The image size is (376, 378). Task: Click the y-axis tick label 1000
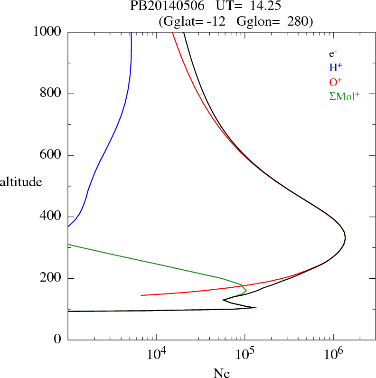(48, 32)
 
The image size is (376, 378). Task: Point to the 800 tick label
(51, 94)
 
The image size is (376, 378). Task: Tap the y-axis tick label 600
(51, 155)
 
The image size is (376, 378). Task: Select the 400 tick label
(51, 217)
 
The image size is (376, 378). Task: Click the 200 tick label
(51, 278)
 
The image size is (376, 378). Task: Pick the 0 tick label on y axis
(58, 340)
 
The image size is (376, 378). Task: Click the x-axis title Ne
(221, 373)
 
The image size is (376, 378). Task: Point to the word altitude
(21, 181)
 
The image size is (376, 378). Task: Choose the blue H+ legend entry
(336, 68)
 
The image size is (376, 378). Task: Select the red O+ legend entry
(336, 82)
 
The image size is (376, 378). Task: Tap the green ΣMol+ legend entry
(344, 96)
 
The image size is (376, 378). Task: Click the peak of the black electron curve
(345, 238)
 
